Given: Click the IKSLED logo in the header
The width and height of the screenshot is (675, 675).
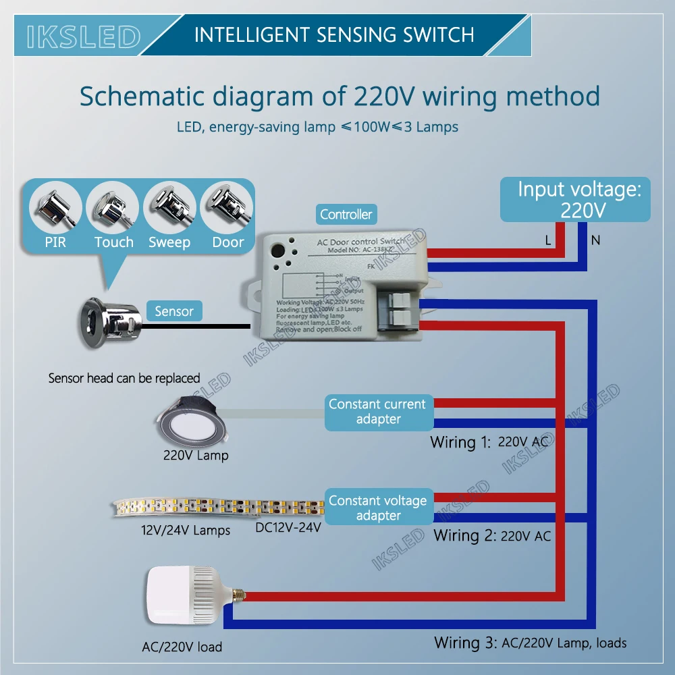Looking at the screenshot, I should [83, 36].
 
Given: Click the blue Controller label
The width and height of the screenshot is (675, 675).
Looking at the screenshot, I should [346, 215].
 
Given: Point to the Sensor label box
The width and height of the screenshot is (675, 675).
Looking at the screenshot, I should [173, 311].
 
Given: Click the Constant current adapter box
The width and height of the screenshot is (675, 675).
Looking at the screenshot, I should [377, 412].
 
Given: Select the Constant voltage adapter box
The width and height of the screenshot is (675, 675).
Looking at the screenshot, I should [377, 508].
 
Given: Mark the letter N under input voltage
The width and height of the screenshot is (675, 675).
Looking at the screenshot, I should [595, 240].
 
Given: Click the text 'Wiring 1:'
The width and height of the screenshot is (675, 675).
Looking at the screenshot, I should [461, 443].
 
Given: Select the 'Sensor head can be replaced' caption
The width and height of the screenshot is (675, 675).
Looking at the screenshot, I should [124, 378].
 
